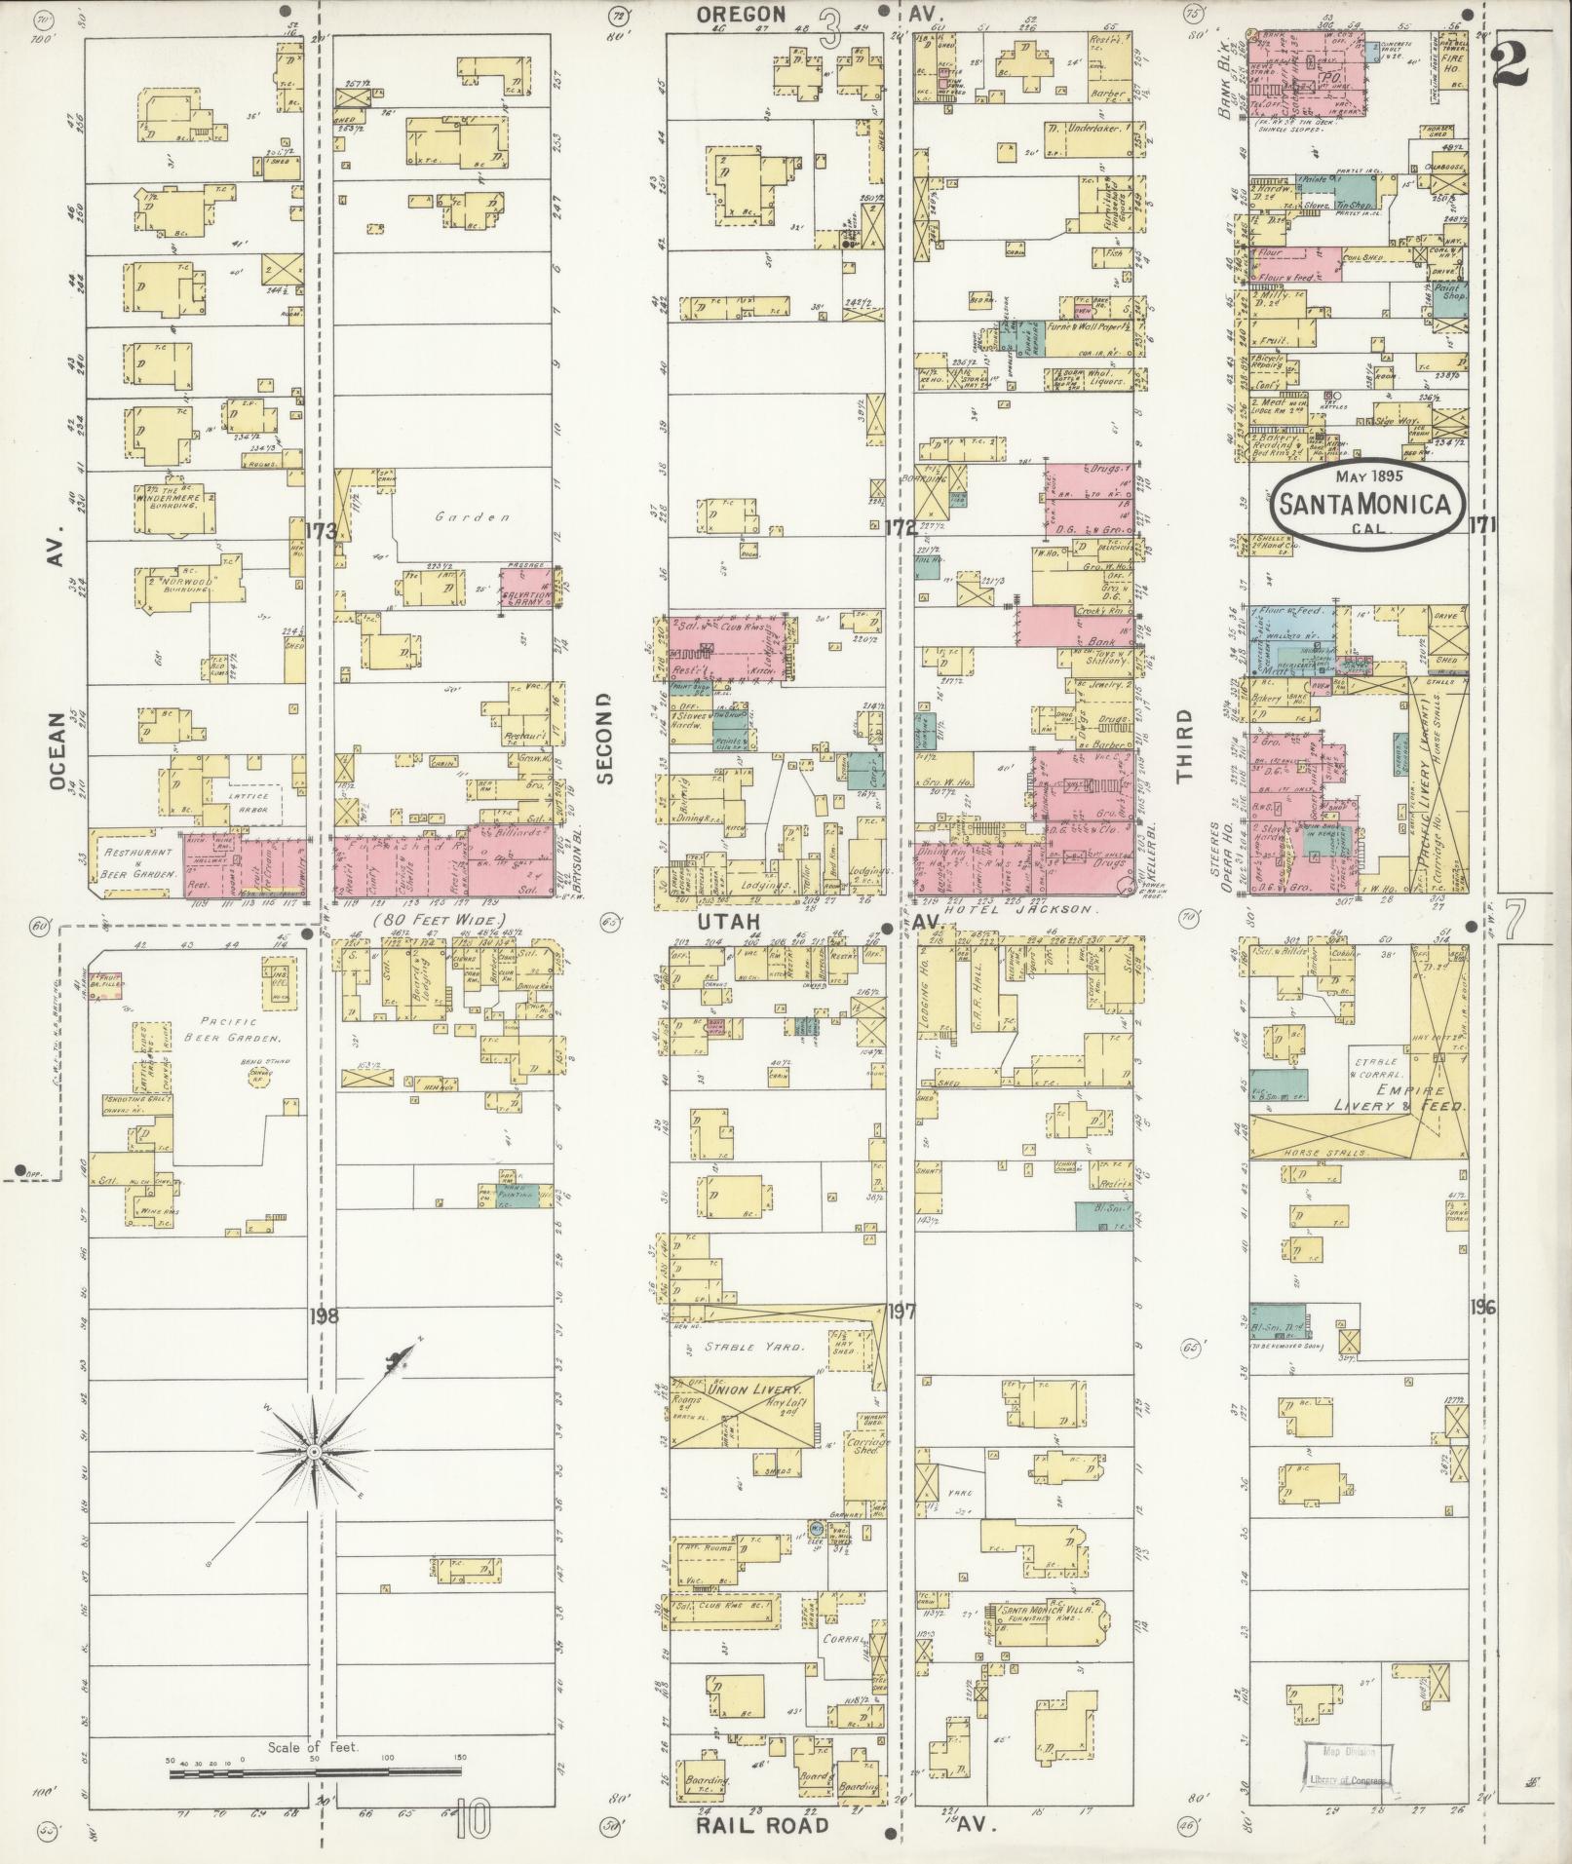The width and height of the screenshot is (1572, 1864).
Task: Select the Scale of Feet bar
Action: pyautogui.click(x=315, y=1773)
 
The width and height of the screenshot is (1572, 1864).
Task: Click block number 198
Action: pyautogui.click(x=324, y=1316)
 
